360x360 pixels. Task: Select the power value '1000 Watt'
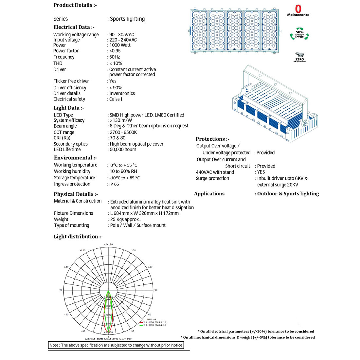click(120, 45)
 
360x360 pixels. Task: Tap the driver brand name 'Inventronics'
click(122, 93)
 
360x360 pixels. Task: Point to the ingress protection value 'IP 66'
click(114, 184)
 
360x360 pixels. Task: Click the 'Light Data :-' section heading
click(69, 108)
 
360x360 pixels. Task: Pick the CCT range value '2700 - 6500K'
click(123, 132)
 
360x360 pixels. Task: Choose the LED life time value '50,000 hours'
click(123, 150)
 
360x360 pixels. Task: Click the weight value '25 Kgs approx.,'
click(125, 219)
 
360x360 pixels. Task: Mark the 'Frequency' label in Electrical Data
click(64, 57)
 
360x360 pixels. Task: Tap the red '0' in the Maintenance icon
click(298, 9)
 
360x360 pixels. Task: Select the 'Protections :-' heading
click(212, 139)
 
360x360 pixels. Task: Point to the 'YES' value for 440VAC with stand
click(261, 172)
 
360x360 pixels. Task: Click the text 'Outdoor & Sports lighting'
click(288, 194)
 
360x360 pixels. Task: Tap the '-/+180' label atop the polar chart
click(108, 244)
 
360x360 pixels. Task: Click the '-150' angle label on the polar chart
click(82, 250)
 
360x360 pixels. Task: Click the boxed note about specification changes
click(116, 345)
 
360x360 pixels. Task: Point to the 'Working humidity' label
click(72, 171)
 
